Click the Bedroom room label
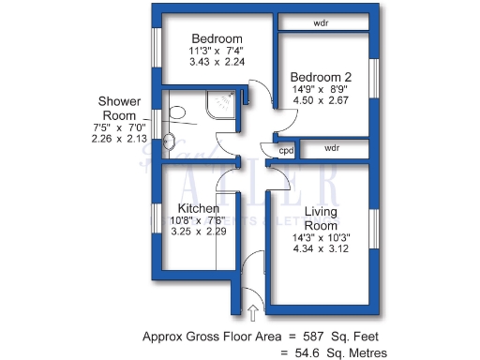pos(217,38)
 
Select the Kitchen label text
pos(199,208)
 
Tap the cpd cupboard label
pos(287,149)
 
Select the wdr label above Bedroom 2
pos(320,21)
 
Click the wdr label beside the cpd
pos(331,148)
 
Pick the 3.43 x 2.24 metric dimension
pos(217,62)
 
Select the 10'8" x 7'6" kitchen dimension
pos(199,220)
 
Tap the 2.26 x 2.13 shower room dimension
pos(119,139)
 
